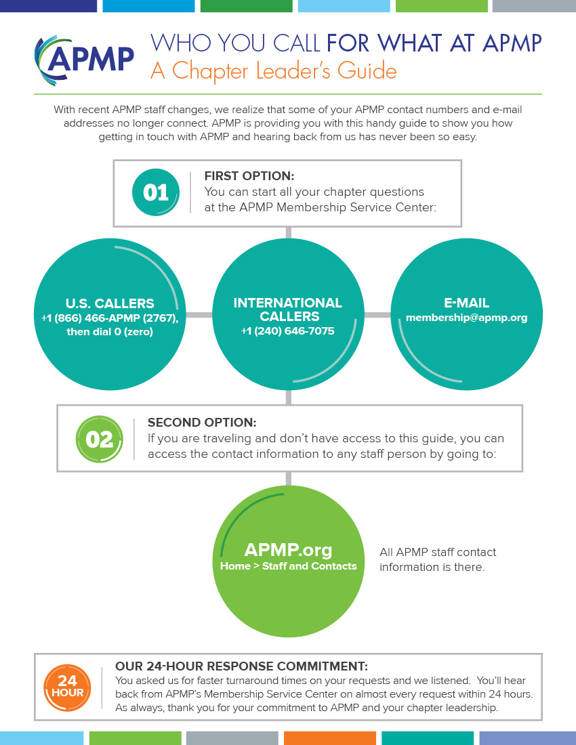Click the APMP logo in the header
pyautogui.click(x=84, y=60)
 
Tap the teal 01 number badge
pyautogui.click(x=156, y=192)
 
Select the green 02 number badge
pyautogui.click(x=100, y=440)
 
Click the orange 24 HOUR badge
pyautogui.click(x=67, y=687)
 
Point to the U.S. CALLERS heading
pyautogui.click(x=110, y=303)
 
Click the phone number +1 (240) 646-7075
pyautogui.click(x=287, y=331)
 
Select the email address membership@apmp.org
pyautogui.click(x=467, y=318)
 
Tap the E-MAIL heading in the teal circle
pyautogui.click(x=467, y=303)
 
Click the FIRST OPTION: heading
pyautogui.click(x=249, y=176)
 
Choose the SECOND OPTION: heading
pyautogui.click(x=202, y=423)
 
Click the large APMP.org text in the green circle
pyautogui.click(x=288, y=550)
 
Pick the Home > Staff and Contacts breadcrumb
pyautogui.click(x=288, y=566)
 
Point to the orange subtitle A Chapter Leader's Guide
pyautogui.click(x=274, y=70)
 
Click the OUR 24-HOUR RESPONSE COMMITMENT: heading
pyautogui.click(x=241, y=666)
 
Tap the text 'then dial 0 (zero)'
pyautogui.click(x=110, y=332)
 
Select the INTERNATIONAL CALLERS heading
pyautogui.click(x=288, y=310)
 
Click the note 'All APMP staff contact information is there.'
pyautogui.click(x=437, y=559)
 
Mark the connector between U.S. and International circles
pyautogui.click(x=199, y=315)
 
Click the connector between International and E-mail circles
pyautogui.click(x=377, y=315)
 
